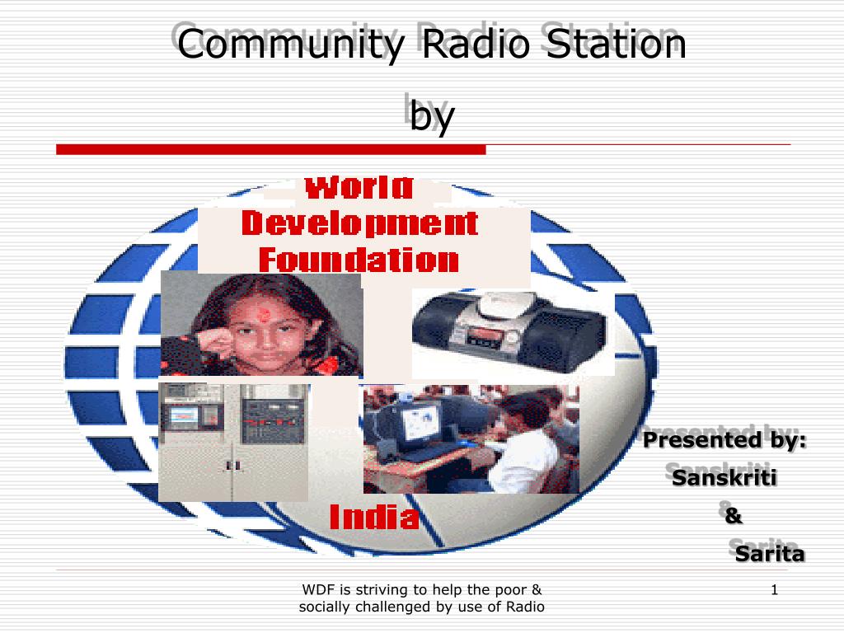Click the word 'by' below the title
pos(432,115)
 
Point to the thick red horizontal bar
pos(270,150)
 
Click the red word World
pos(359,188)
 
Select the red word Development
pos(359,223)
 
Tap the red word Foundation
pos(359,260)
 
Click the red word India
pos(374,518)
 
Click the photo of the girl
pos(261,324)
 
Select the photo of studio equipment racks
pos(233,442)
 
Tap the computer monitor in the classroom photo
pos(421,423)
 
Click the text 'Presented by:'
pos(724,441)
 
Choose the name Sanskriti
pos(724,478)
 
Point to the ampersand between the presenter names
pos(733,516)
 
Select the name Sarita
pos(770,554)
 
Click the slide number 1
pos(775,590)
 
